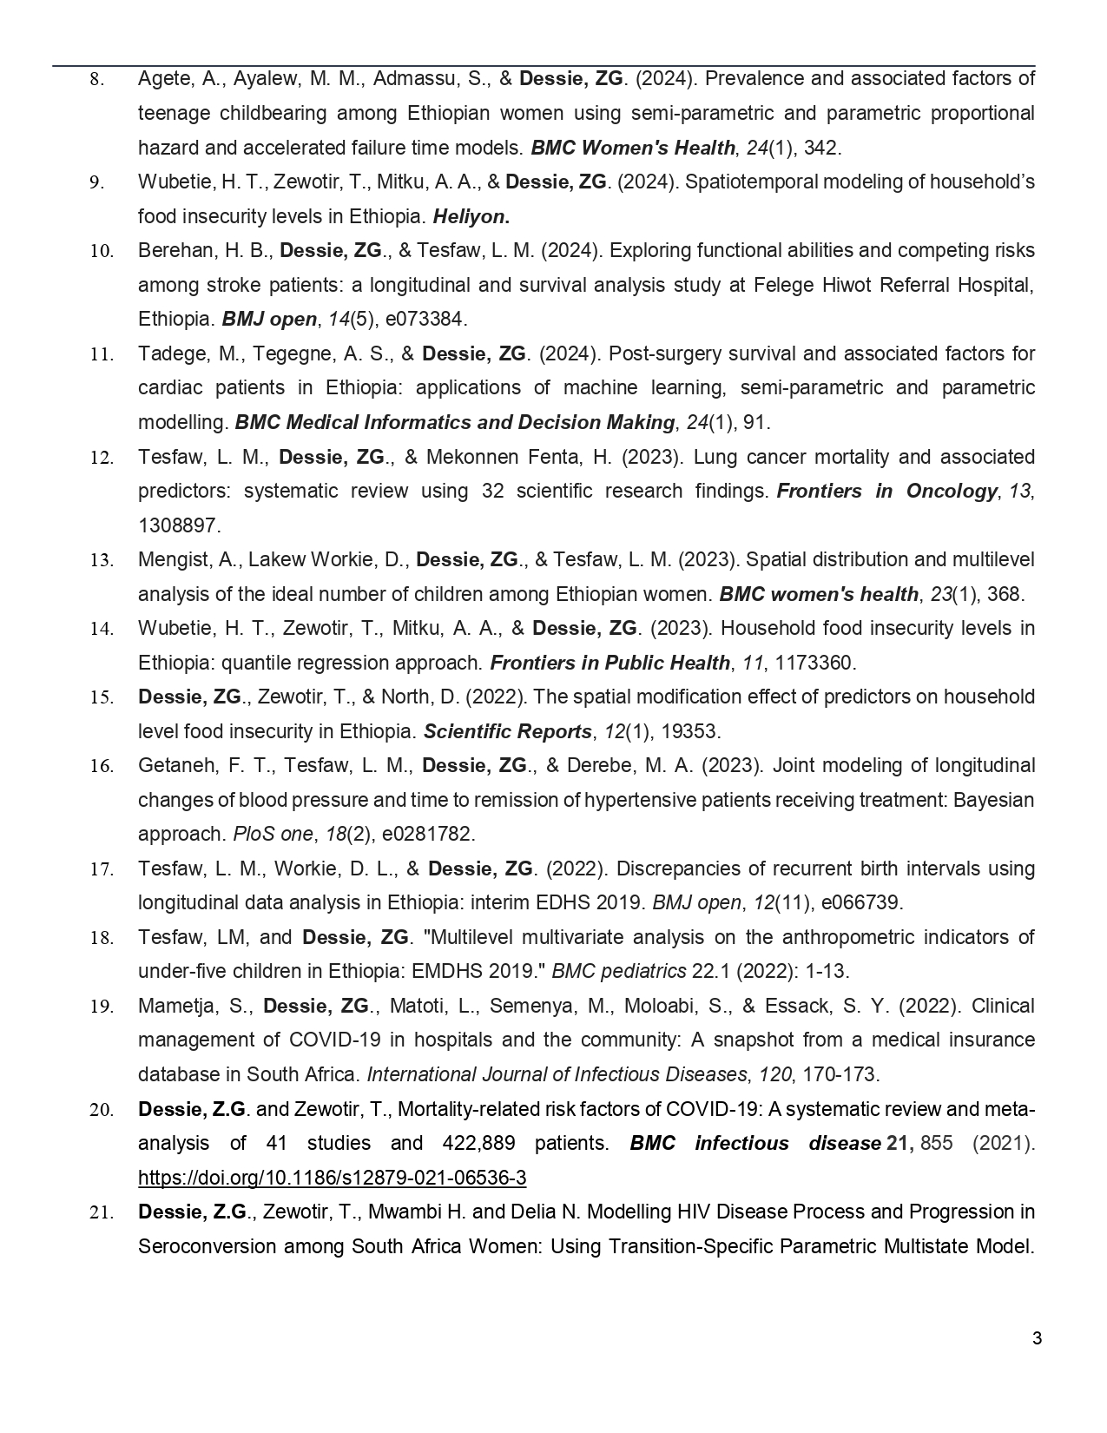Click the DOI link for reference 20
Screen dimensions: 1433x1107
pos(332,1178)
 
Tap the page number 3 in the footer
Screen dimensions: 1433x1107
pos(1037,1338)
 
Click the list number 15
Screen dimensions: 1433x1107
pos(102,697)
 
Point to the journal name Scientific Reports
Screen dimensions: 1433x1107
pos(507,731)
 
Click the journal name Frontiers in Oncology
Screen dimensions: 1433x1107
pos(886,491)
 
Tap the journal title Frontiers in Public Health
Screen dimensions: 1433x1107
pos(610,663)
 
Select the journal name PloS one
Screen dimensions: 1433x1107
pos(273,834)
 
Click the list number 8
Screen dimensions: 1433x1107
pos(97,79)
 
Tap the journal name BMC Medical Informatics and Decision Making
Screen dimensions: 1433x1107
pos(454,422)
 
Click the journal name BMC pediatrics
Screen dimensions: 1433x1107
pos(619,971)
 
